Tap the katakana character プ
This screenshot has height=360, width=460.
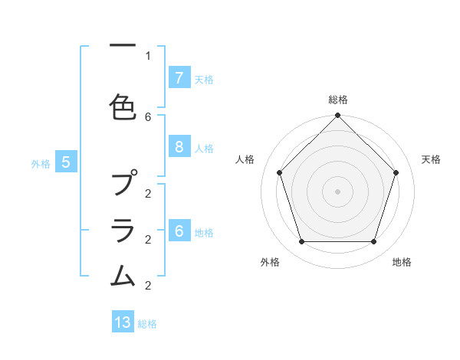pyautogui.click(x=123, y=185)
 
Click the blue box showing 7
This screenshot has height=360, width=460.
pyautogui.click(x=179, y=78)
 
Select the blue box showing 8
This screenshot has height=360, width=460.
pyautogui.click(x=179, y=148)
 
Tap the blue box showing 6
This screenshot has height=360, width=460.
pyautogui.click(x=179, y=232)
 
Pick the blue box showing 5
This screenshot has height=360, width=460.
pyautogui.click(x=66, y=162)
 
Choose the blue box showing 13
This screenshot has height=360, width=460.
pyautogui.click(x=123, y=322)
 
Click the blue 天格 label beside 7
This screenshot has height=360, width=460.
pyautogui.click(x=204, y=79)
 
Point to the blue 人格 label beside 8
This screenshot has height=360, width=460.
pyautogui.click(x=204, y=149)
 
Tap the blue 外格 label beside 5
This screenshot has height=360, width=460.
pyautogui.click(x=41, y=163)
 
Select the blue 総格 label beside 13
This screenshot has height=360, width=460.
pyautogui.click(x=147, y=324)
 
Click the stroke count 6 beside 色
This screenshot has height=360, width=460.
pyautogui.click(x=148, y=116)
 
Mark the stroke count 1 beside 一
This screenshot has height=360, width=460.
pyautogui.click(x=148, y=55)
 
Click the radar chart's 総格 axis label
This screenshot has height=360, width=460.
pyautogui.click(x=338, y=100)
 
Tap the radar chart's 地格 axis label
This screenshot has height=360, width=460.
pyautogui.click(x=402, y=262)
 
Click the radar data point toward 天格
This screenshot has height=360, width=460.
pyautogui.click(x=396, y=172)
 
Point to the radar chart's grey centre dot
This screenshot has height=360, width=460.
pyautogui.click(x=337, y=191)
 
